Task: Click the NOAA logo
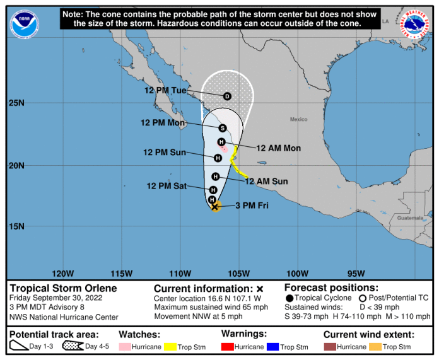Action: click(24, 24)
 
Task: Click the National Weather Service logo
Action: click(415, 24)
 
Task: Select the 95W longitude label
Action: click(356, 274)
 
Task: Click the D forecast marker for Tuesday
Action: click(227, 96)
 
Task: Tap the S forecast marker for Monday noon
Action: click(223, 128)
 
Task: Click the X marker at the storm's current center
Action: click(215, 206)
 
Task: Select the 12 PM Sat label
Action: click(167, 186)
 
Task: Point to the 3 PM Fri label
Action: click(252, 206)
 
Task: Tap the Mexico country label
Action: click(298, 119)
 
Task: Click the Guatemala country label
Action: click(411, 218)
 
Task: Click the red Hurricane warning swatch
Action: click(227, 347)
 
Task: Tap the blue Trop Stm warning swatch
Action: click(272, 347)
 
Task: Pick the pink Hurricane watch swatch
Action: click(125, 347)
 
